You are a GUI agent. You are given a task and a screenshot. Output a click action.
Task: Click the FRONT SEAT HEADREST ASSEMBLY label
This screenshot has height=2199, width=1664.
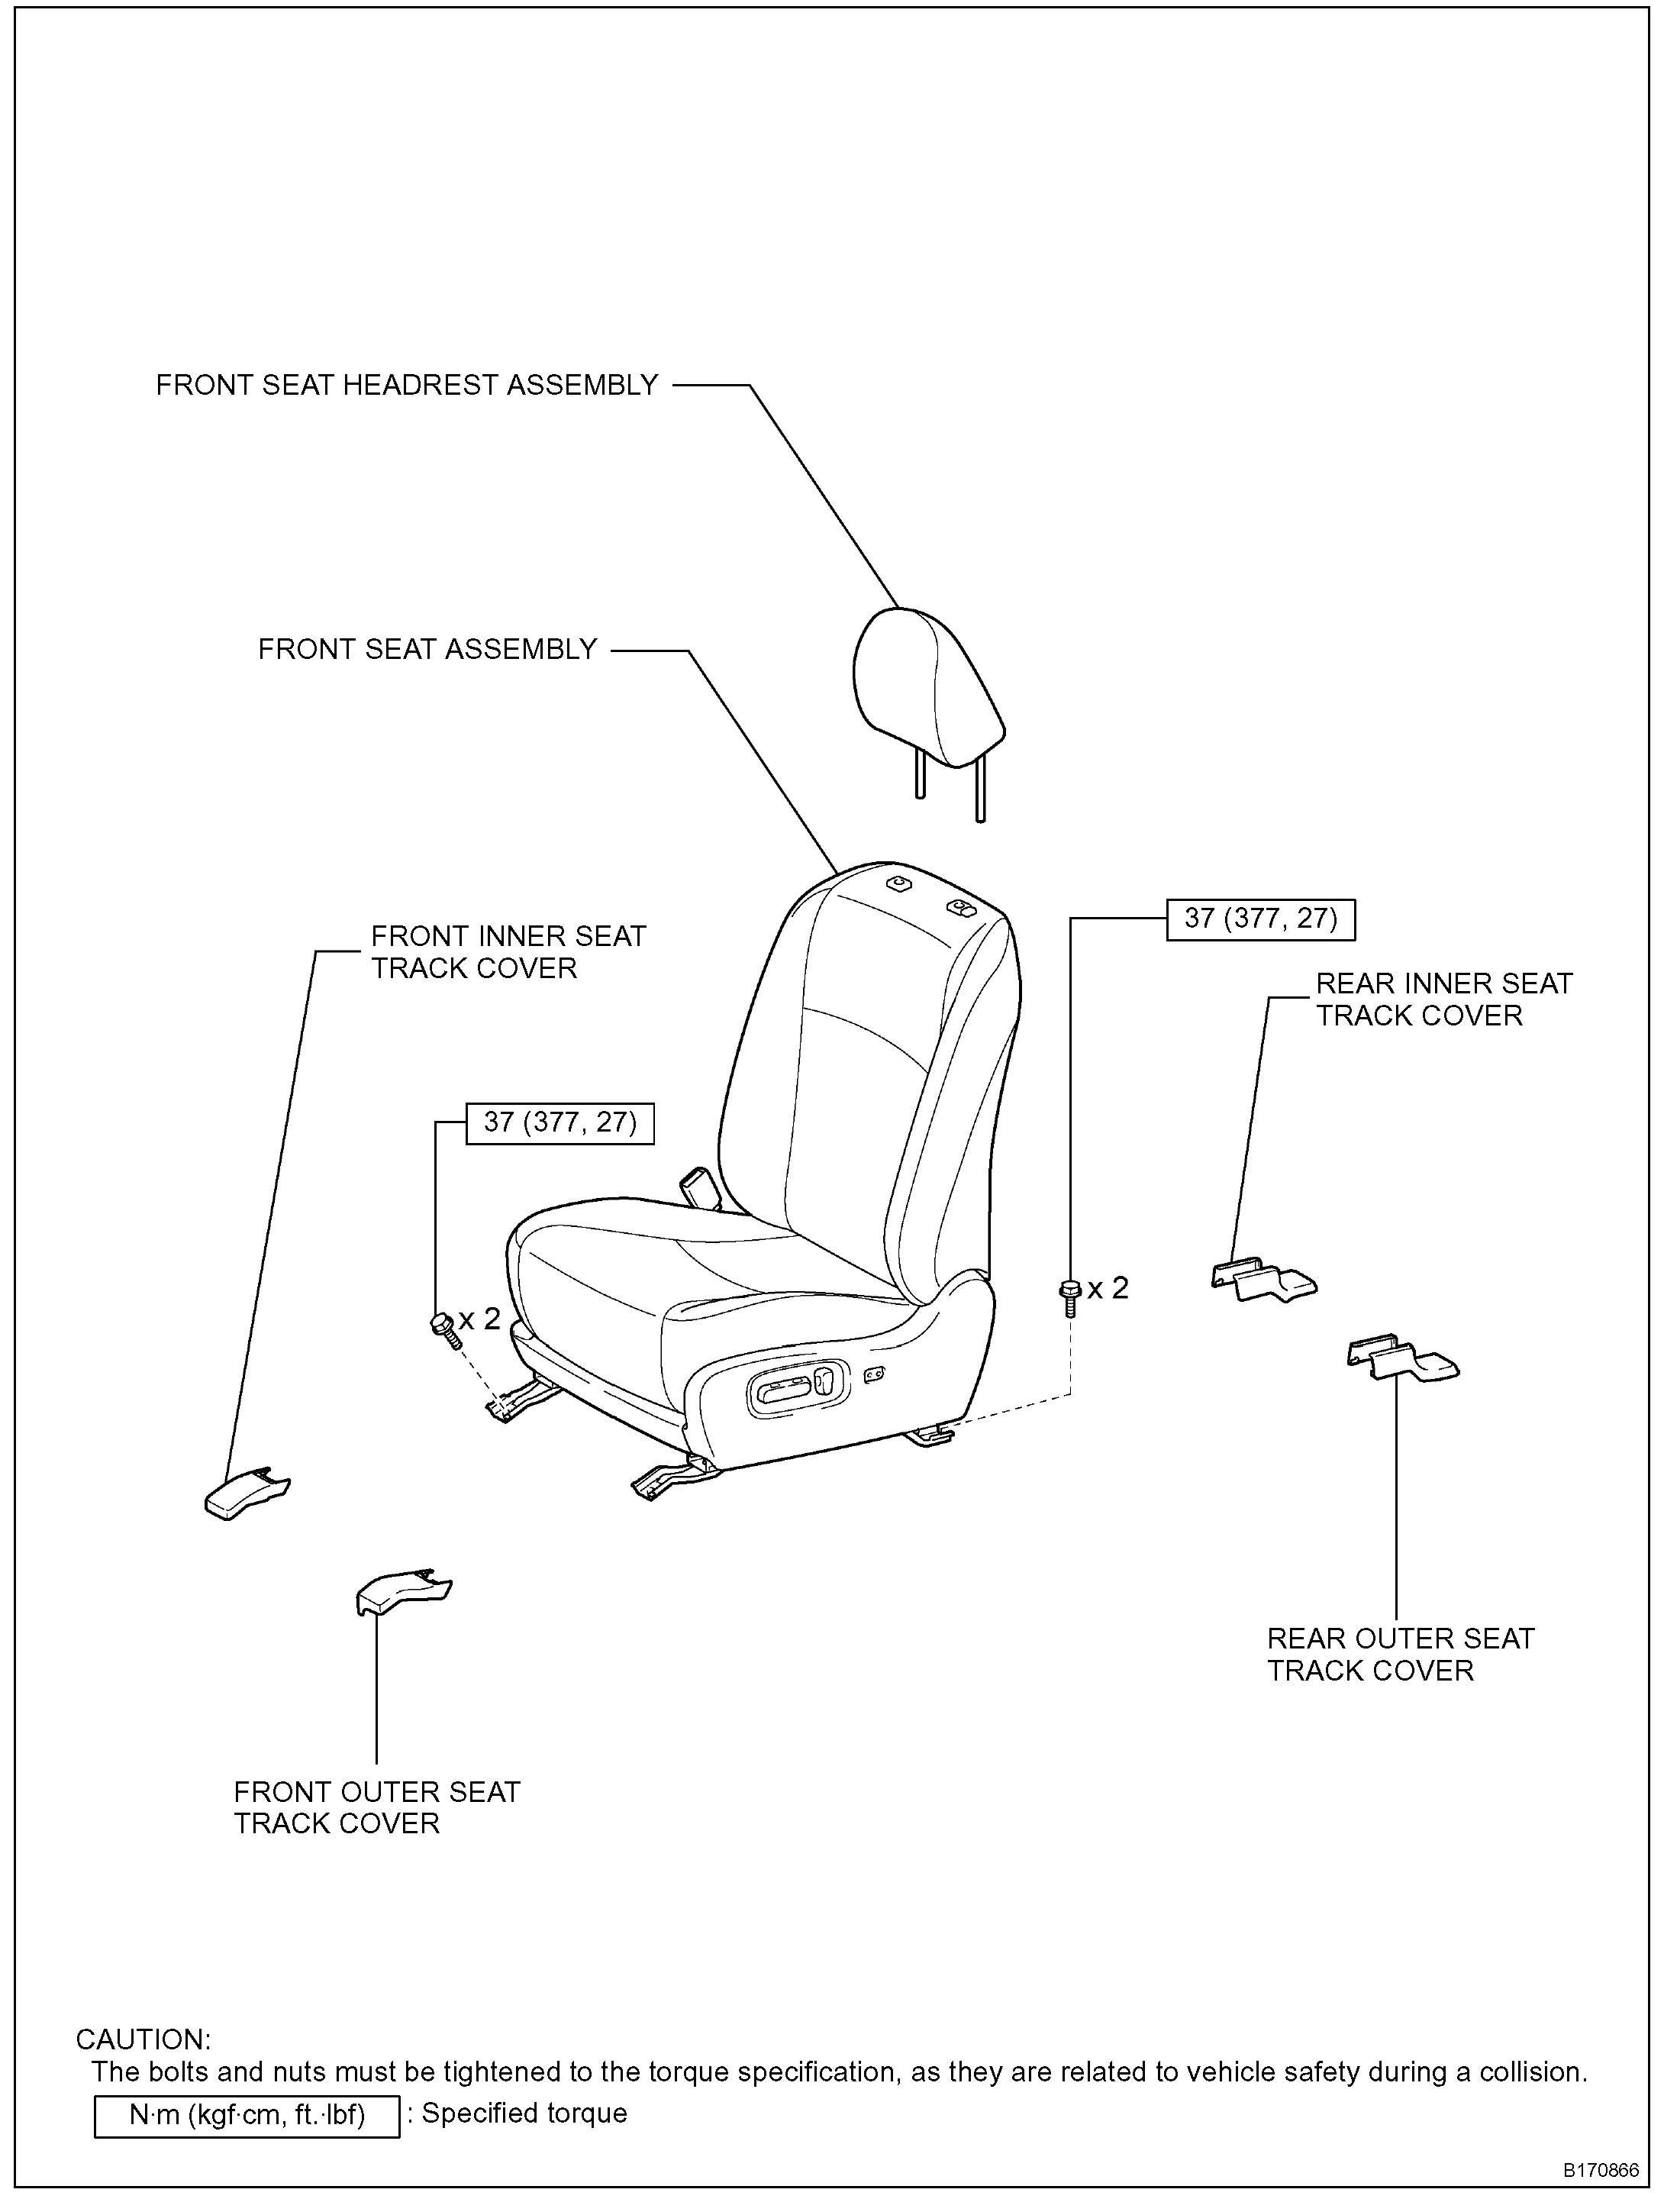coord(407,386)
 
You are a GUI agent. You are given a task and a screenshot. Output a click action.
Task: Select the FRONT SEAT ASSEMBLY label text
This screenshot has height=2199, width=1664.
coord(427,651)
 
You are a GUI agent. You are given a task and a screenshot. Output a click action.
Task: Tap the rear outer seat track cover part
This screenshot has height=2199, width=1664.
coord(1401,1358)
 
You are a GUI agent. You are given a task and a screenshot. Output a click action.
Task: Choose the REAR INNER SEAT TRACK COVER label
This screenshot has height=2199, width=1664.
coord(1443,1000)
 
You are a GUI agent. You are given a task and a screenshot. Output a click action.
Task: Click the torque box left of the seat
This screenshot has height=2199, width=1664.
coord(560,1123)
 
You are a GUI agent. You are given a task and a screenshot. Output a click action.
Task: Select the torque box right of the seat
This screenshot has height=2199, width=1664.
coord(1259,919)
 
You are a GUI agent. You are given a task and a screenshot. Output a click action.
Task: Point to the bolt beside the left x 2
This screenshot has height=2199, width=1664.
coord(443,1327)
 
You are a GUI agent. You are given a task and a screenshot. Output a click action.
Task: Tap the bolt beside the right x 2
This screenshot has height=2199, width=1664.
coord(1069,1296)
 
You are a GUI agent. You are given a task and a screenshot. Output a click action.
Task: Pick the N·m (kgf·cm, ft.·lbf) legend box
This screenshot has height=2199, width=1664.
coord(247,2116)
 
